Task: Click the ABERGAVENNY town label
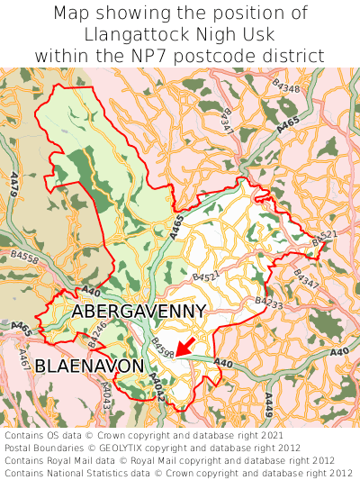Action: click(139, 311)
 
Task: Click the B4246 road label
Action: click(99, 335)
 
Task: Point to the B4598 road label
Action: click(162, 345)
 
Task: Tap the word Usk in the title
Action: click(259, 34)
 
